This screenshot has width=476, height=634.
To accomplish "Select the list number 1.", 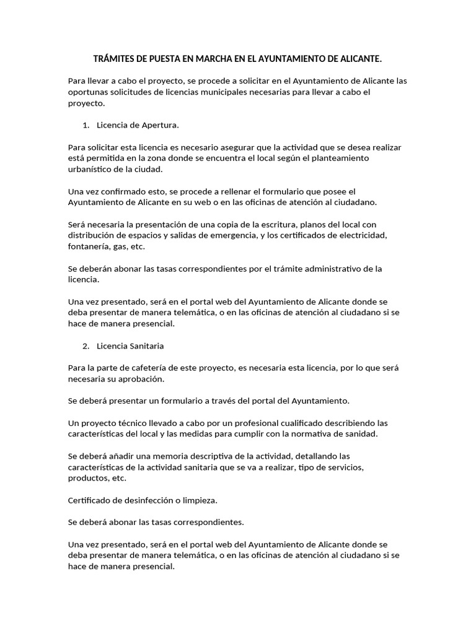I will (85, 125).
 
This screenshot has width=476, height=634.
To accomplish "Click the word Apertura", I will (159, 125).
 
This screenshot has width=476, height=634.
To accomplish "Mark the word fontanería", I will (87, 246).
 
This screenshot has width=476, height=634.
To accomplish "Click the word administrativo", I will (338, 269).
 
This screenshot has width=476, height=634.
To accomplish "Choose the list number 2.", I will (86, 345).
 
